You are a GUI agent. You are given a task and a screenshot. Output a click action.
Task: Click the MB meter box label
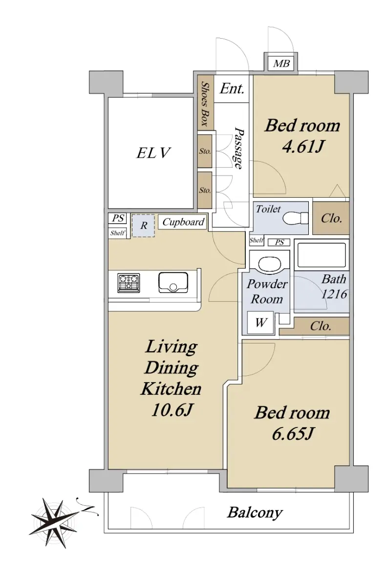pos(281,64)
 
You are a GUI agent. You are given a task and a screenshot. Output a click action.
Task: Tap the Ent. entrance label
pos(232,89)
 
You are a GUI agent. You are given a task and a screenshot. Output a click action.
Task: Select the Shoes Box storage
pos(206,103)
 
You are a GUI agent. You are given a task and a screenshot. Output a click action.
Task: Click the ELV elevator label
pos(153,153)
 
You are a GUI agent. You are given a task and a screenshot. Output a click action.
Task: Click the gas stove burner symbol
pos(128,283)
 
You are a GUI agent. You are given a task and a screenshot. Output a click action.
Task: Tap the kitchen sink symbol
pos(173,283)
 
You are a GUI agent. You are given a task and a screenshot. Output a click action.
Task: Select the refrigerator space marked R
pos(143,226)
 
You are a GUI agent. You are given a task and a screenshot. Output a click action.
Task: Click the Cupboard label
pos(183,222)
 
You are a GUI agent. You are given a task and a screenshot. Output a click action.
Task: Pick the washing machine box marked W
pos(260,322)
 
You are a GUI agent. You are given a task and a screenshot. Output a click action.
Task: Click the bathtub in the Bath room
pos(321,255)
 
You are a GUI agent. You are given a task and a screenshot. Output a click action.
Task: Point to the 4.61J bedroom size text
pos(302,146)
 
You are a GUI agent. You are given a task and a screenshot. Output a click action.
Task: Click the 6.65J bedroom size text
pos(292,434)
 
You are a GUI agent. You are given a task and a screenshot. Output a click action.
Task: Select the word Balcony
pos(255,513)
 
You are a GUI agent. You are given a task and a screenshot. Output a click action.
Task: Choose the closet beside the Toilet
pos(331,218)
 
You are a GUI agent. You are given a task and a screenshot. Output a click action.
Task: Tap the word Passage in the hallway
pos(239,148)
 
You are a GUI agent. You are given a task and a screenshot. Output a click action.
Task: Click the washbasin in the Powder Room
pos(270,264)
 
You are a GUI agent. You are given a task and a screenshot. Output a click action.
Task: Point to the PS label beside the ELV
pos(118,218)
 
